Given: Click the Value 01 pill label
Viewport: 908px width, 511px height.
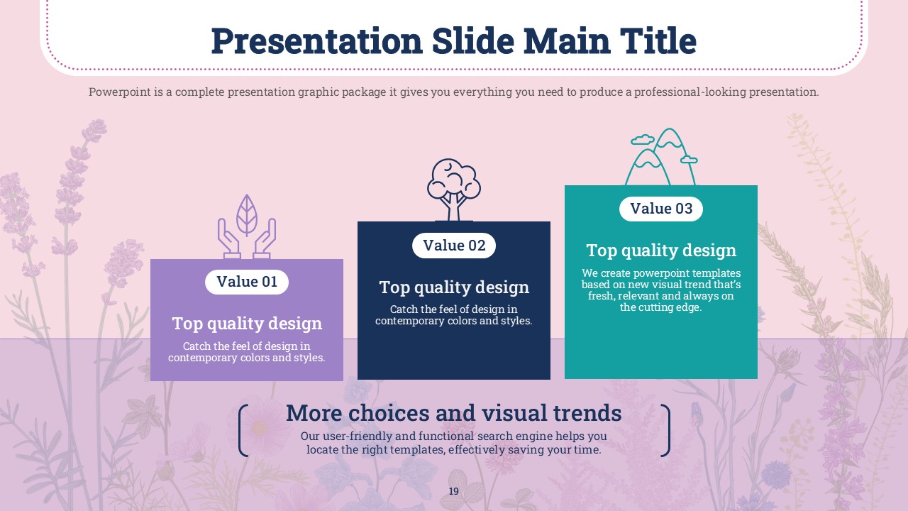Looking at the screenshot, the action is click(246, 282).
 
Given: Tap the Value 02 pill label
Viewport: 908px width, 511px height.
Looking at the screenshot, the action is click(453, 246).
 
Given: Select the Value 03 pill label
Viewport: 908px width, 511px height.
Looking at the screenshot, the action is click(660, 209).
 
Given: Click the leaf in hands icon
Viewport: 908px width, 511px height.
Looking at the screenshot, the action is click(246, 226).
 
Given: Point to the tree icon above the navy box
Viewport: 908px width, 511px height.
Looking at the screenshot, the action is click(453, 189).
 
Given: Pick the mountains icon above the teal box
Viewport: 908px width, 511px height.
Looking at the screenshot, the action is click(663, 157).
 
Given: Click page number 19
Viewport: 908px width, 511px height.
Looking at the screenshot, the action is click(453, 491).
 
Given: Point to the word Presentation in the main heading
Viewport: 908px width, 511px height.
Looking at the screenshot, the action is click(317, 42).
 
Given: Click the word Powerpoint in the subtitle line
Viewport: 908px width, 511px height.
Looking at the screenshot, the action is click(120, 92).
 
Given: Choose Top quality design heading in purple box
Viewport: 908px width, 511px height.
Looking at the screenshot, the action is click(247, 324).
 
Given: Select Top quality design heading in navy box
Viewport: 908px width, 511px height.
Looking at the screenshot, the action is click(454, 287).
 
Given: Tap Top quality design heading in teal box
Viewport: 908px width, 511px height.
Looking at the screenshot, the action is click(661, 251).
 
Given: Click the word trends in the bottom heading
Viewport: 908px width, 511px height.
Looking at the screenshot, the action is click(587, 413).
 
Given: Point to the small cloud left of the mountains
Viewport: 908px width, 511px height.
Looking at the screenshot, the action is click(643, 140).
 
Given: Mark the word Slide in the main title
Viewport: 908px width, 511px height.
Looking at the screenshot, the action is click(473, 40).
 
